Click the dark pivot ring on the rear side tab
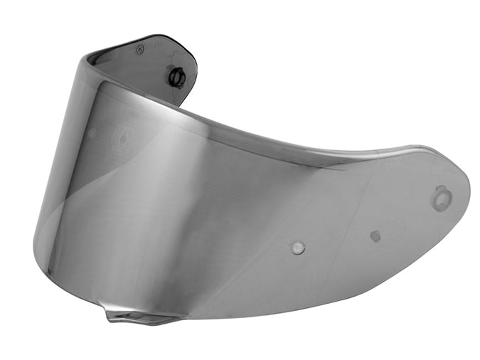(177, 75)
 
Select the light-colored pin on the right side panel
(299, 248)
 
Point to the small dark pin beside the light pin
(375, 235)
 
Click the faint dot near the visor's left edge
(92, 132)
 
